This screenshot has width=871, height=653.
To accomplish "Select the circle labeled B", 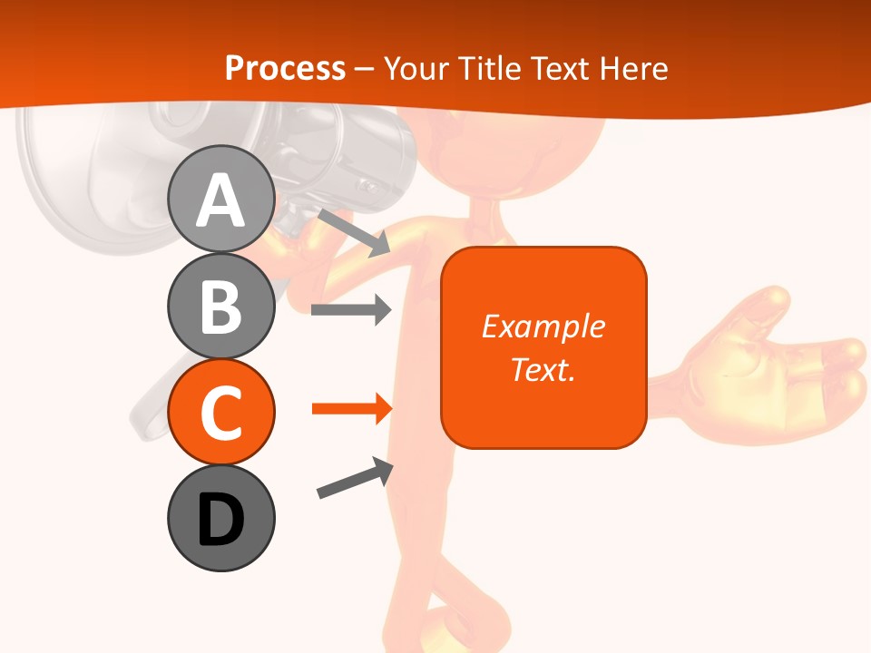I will [x=220, y=306].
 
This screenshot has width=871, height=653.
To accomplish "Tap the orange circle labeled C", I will [x=220, y=413].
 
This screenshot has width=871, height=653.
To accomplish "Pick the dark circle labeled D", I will [x=220, y=519].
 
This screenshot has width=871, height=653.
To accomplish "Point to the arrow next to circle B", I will [x=351, y=310].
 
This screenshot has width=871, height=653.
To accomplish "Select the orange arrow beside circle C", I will [x=351, y=408].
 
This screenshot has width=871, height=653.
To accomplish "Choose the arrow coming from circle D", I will [x=355, y=478].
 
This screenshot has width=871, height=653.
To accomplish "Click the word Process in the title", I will [x=285, y=68].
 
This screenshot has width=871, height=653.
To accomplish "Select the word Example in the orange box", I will [x=543, y=326].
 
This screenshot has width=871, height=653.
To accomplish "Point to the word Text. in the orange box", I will [x=543, y=370].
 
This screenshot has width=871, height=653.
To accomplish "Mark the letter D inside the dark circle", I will [x=220, y=521].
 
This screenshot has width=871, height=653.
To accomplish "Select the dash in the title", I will [x=365, y=69].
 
